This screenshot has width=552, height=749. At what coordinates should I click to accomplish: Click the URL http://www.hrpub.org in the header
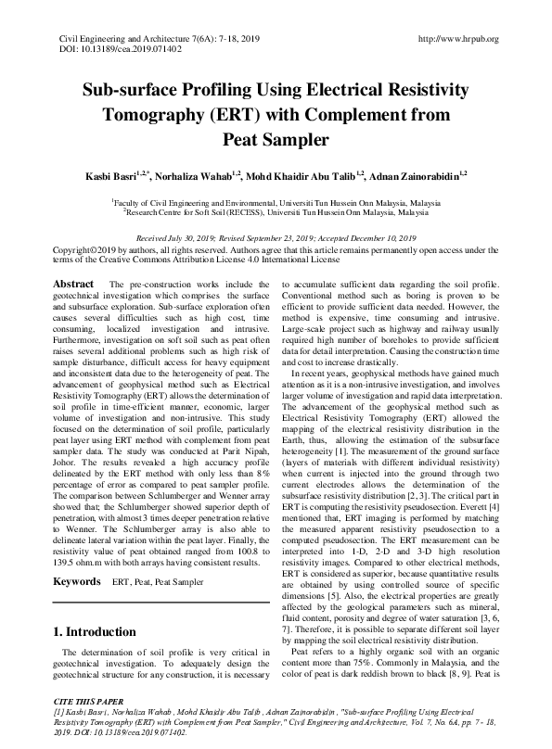pos(459,38)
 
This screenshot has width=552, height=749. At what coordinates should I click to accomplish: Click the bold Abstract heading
pos(73,283)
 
